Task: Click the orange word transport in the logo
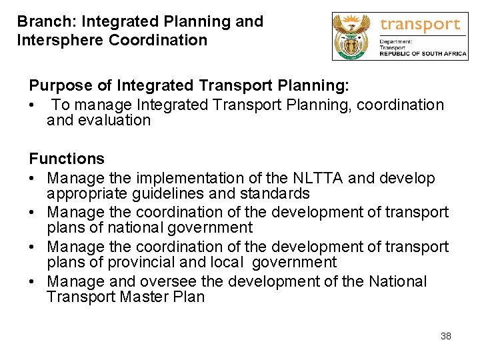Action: click(420, 25)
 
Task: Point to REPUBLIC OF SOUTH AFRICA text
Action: click(423, 54)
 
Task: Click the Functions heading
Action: click(67, 159)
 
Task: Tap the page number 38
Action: click(445, 336)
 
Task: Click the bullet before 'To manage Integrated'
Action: click(32, 105)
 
